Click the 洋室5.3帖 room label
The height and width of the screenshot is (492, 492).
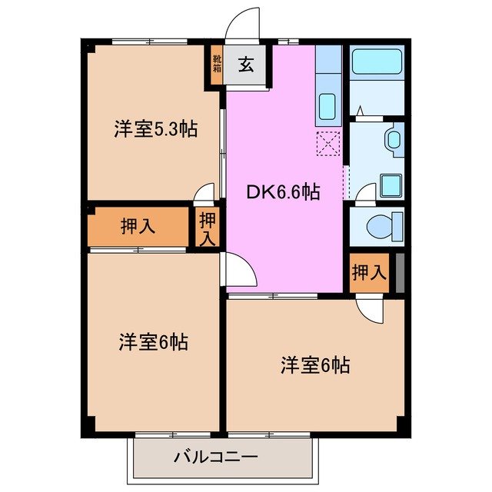(x=155, y=130)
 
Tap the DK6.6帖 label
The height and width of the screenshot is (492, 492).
(x=283, y=194)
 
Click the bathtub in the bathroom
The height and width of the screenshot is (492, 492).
(x=377, y=64)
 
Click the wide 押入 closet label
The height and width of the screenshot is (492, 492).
(x=138, y=226)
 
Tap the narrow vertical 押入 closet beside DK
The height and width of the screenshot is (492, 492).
(x=208, y=228)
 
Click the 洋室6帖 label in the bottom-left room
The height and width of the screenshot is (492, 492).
(x=154, y=341)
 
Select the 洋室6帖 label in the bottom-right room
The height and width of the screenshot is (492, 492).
(x=314, y=364)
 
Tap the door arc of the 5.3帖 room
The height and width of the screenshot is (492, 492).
(x=204, y=193)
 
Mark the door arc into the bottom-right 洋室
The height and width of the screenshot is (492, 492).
(x=369, y=309)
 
